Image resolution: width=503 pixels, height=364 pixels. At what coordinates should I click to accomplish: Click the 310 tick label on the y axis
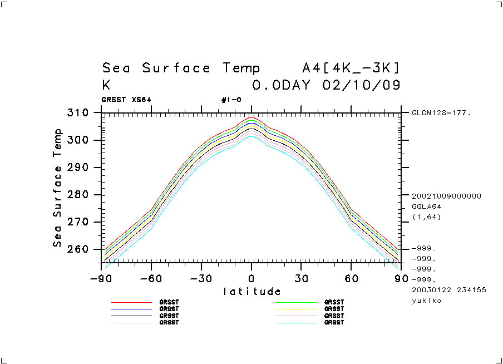[x=77, y=113]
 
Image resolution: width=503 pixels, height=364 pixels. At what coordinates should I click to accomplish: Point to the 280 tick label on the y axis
[x=77, y=195]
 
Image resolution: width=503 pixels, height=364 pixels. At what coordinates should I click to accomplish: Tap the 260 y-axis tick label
[x=77, y=249]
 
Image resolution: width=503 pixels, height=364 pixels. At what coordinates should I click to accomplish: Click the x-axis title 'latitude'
[x=251, y=291]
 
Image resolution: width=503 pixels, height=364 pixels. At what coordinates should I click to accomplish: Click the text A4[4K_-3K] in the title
[x=351, y=68]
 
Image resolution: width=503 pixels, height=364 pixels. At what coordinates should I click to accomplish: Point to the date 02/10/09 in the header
[x=361, y=86]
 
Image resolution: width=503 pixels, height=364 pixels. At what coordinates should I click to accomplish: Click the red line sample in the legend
[x=131, y=302]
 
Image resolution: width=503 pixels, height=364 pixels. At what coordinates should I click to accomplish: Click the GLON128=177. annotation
[x=441, y=112]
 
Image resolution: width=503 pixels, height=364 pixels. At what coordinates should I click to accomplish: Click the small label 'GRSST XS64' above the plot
[x=126, y=100]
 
